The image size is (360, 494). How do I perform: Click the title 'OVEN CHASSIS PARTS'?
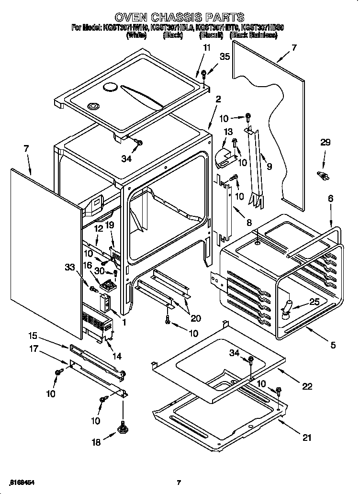[180, 18]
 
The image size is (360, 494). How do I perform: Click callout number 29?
[326, 143]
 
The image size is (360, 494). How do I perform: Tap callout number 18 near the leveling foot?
[96, 442]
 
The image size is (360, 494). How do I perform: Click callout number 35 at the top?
[224, 56]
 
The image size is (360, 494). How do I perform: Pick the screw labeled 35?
[204, 74]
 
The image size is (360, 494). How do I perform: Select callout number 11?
[206, 47]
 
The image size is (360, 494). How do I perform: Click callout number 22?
[307, 386]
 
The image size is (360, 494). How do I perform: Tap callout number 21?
[307, 437]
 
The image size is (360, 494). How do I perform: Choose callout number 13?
[227, 132]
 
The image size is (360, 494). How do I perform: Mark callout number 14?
[117, 356]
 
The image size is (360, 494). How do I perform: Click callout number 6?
[331, 198]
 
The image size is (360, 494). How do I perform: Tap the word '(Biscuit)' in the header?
[211, 35]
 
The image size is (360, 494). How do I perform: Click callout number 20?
[196, 318]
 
